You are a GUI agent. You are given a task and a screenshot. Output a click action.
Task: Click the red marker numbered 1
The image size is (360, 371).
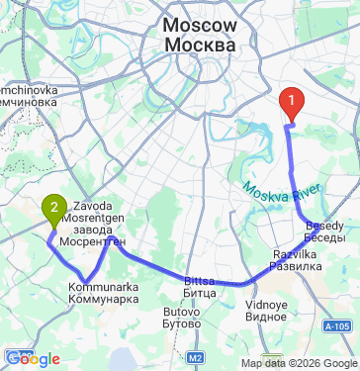[x=292, y=101]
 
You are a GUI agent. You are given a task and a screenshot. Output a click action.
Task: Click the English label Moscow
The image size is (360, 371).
[x=201, y=27]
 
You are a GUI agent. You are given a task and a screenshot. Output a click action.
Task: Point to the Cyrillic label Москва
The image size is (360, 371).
[x=201, y=46]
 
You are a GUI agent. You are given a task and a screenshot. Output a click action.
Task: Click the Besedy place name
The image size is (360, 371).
[x=324, y=225]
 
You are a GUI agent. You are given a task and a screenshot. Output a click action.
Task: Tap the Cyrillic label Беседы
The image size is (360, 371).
[x=324, y=237]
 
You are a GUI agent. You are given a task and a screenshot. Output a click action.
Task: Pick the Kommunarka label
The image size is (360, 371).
[x=103, y=287]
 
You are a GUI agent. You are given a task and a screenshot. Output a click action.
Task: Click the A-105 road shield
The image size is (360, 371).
[x=339, y=325]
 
